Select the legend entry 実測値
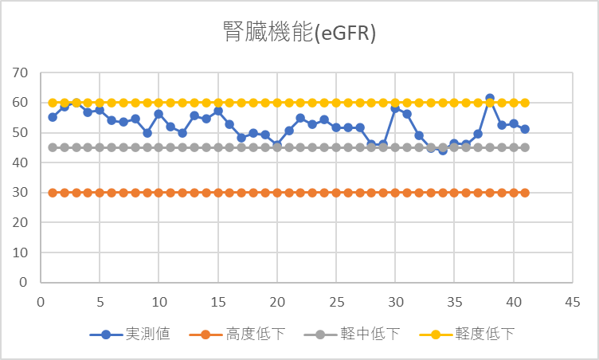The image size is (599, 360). point(143,334)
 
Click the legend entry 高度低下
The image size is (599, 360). point(243,334)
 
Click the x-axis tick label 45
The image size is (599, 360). point(572,302)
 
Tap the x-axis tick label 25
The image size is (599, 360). point(335,302)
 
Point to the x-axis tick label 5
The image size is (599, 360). point(100,302)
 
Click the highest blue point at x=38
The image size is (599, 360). point(490,99)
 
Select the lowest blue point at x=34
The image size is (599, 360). point(442,150)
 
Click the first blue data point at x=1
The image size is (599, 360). point(53,117)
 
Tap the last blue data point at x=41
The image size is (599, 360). point(525,129)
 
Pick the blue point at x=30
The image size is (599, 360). point(395,108)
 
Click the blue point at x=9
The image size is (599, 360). point(147,133)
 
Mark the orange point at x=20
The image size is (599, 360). point(277,193)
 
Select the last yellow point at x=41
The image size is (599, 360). point(525,103)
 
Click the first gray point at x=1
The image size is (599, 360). point(53,147)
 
